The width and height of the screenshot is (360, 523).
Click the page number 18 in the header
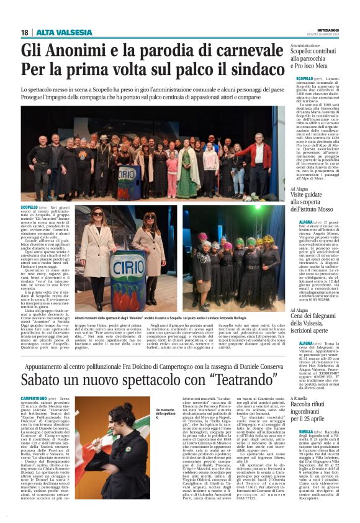[x=24, y=32]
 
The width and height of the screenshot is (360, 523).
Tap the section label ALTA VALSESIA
[x=55, y=32]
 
